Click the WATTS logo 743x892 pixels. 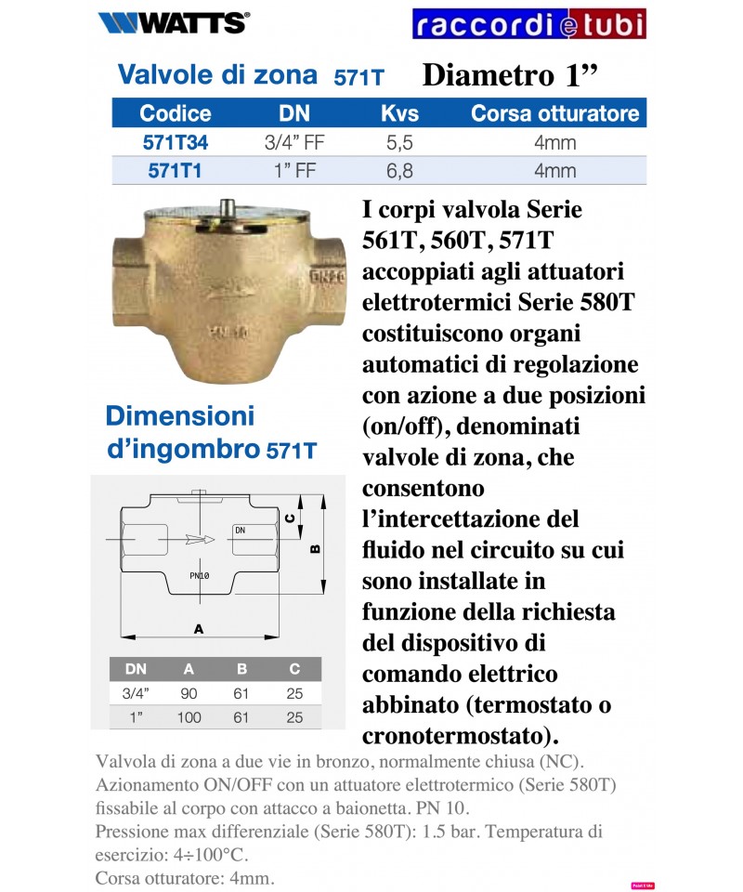click(x=173, y=22)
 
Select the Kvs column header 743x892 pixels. click(x=400, y=113)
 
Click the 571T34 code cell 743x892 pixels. click(x=176, y=143)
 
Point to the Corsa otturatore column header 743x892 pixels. click(x=555, y=113)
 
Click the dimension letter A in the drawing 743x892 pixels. click(x=198, y=629)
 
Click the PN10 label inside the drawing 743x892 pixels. click(x=199, y=576)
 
